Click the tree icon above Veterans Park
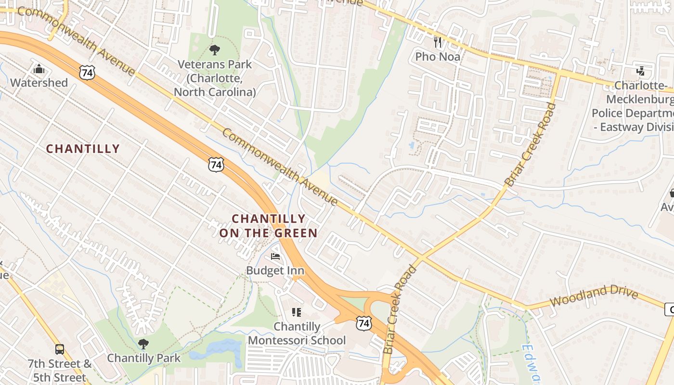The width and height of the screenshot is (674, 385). point(215,49)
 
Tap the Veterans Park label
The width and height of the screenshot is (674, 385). point(215,78)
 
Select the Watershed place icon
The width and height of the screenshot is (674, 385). point(39,69)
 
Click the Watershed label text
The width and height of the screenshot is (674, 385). point(39,83)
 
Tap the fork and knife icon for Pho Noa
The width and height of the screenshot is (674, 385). point(438,42)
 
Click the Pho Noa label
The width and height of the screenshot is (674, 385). point(438,57)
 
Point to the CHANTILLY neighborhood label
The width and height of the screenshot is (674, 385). point(83,149)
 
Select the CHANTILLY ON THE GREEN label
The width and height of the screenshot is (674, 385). point(269,226)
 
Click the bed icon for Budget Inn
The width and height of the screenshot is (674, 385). point(275,256)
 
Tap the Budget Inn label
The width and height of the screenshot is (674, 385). point(275,270)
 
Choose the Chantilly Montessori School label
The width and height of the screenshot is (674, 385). point(297,334)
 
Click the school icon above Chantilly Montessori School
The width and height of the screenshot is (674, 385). point(297,312)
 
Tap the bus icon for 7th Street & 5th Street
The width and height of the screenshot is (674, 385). point(59,349)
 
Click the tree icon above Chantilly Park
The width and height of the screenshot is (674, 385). point(143,344)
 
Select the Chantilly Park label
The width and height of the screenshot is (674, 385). point(143,358)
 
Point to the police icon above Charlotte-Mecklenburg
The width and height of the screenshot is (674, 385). point(640,71)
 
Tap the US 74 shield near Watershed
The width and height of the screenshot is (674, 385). point(87,73)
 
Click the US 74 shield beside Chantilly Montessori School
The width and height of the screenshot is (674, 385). point(363,323)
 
